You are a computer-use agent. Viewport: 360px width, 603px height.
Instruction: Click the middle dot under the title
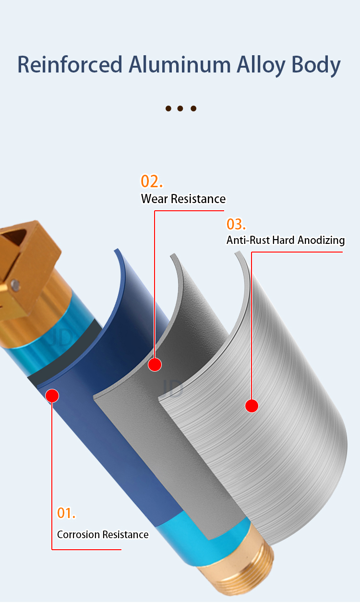coord(181,109)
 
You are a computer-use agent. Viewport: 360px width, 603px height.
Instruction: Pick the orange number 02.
coord(152,181)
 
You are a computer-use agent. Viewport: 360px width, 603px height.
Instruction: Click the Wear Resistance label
coord(183,199)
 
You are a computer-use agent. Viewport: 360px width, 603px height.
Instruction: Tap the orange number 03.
coord(236,224)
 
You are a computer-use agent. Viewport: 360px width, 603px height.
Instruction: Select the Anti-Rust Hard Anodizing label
coord(285,240)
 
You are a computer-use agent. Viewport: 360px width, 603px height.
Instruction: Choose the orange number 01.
coord(66,513)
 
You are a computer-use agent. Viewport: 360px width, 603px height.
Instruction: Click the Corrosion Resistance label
coord(103,534)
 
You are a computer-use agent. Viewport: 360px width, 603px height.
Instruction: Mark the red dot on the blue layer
coord(52,396)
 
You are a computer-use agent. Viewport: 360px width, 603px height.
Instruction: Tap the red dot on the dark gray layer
coord(155,365)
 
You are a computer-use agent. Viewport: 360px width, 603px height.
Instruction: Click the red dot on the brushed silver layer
coord(252,406)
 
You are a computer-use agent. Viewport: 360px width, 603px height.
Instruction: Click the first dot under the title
coord(168,109)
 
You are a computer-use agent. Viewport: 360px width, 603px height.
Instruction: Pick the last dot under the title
coord(193,109)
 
